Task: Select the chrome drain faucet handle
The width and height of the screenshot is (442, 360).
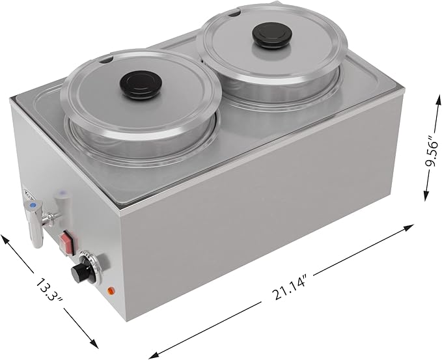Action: (x=35, y=227)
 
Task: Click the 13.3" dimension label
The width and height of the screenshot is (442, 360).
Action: (x=49, y=291)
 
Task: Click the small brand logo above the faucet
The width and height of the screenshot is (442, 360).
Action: (x=28, y=193)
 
